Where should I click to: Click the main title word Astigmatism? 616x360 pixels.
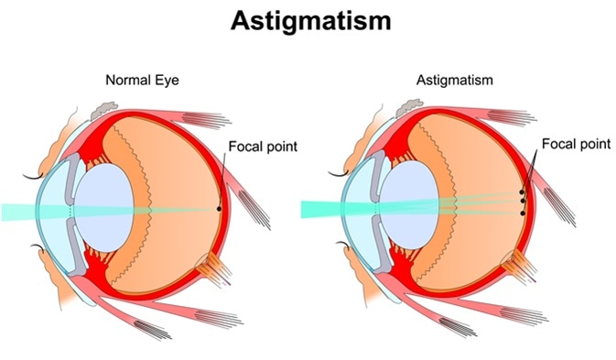pyautogui.click(x=308, y=20)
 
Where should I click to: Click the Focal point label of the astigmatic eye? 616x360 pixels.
pyautogui.click(x=571, y=144)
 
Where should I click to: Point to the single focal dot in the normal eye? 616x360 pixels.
pyautogui.click(x=220, y=209)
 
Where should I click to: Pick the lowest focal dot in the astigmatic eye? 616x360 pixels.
pyautogui.click(x=522, y=213)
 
